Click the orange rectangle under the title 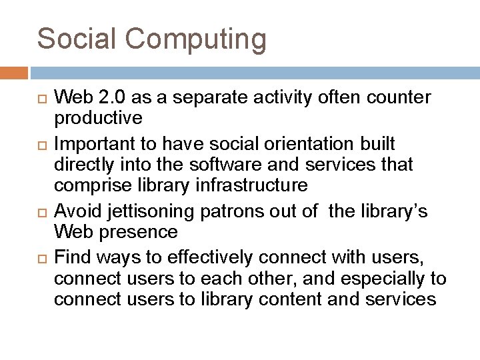14,72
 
